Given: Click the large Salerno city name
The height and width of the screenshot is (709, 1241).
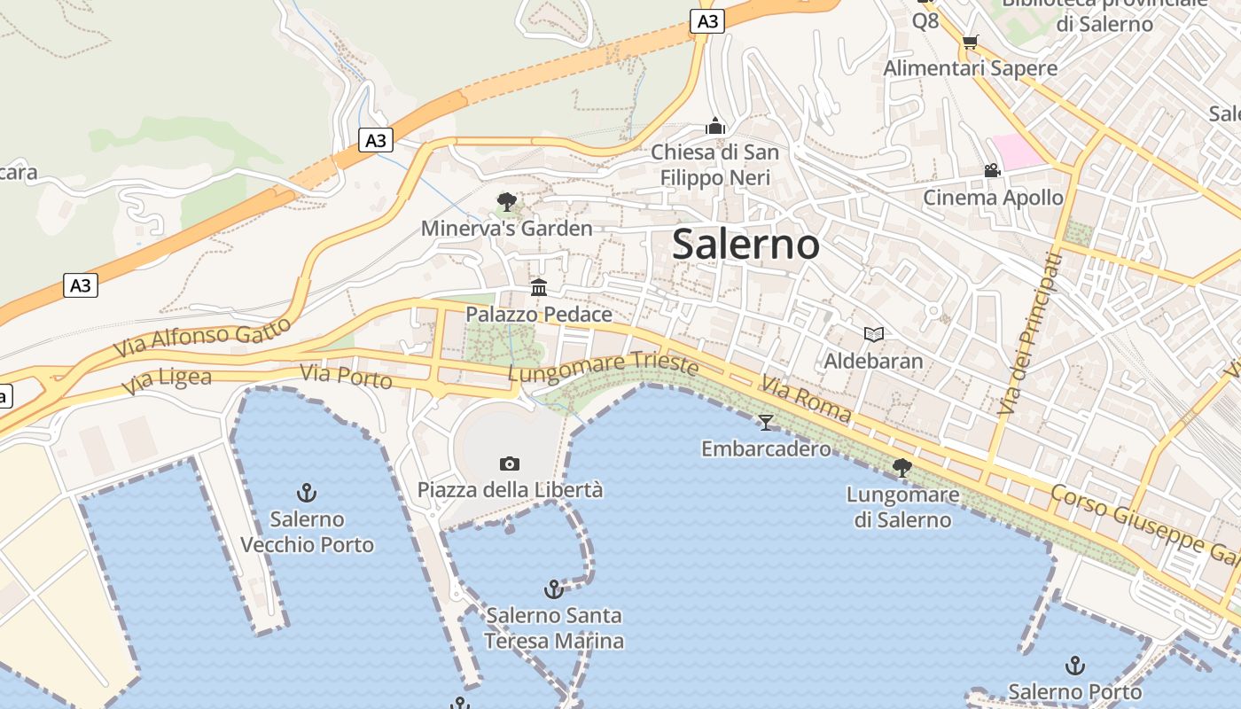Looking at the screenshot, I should [x=745, y=244].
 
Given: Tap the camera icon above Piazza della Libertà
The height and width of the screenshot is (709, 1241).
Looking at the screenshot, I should [x=510, y=464].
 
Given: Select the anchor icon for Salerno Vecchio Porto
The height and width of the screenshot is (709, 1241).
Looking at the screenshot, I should [x=307, y=493].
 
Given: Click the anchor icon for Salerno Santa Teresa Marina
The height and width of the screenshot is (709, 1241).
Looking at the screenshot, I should [x=554, y=589].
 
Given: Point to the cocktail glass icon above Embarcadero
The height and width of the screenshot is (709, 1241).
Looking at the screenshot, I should [x=766, y=423].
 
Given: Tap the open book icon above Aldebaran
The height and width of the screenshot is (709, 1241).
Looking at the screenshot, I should [x=874, y=334].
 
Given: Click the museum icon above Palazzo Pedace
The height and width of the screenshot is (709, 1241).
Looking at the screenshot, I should [x=539, y=287].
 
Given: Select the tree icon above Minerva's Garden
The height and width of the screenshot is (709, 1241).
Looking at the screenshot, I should [x=507, y=202].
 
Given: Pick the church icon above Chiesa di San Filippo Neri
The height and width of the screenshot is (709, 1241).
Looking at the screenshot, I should [x=715, y=127].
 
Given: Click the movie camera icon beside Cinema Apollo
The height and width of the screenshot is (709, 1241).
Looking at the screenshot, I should [x=992, y=170].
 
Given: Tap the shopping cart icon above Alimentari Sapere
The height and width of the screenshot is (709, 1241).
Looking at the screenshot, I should [x=971, y=42].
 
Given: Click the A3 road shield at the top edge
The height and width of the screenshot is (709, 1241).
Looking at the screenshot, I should [x=706, y=21].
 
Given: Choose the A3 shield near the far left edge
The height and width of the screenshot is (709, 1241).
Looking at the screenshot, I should [x=81, y=285].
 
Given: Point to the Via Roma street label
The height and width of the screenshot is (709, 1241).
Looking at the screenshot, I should [x=806, y=398].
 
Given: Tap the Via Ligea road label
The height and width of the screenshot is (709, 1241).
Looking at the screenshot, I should [x=167, y=381].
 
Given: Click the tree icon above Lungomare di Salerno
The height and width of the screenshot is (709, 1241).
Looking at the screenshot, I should [x=902, y=467].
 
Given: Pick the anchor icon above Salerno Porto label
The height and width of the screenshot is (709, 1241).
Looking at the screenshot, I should [x=1075, y=665].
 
